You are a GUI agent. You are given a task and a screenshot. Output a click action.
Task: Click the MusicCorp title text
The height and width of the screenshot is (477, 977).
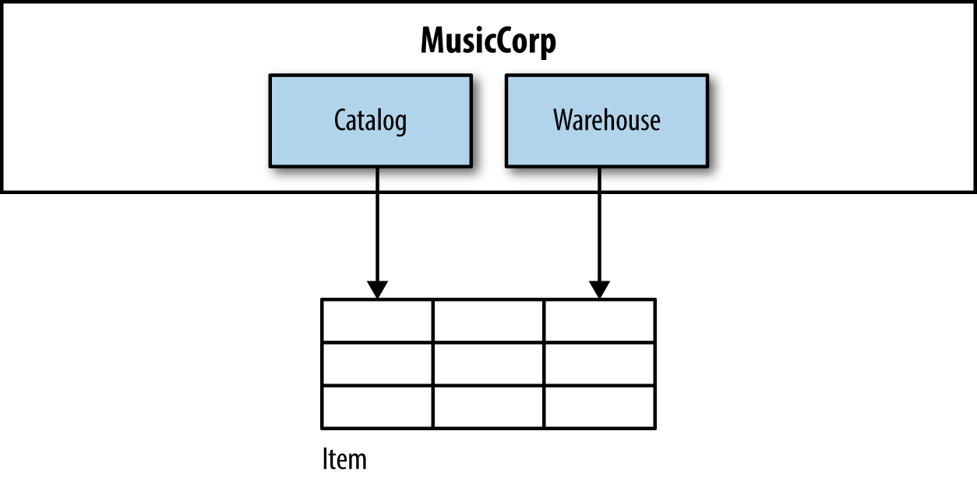click(x=489, y=41)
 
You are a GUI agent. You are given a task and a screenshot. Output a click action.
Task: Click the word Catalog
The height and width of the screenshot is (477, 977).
click(x=370, y=121)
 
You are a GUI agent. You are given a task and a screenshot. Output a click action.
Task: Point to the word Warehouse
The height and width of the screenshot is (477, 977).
click(x=607, y=121)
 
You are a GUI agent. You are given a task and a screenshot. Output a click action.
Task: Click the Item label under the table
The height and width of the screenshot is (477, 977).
click(x=344, y=458)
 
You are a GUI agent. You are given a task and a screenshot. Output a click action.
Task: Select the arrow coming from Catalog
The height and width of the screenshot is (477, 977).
click(x=377, y=226)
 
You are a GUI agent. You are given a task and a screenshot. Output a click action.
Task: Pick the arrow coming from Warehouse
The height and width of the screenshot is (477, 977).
click(x=599, y=226)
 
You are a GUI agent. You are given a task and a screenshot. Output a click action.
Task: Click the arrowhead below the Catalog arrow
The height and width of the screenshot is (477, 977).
click(x=377, y=289)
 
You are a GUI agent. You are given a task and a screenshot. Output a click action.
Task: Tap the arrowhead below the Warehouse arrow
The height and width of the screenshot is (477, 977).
click(x=599, y=289)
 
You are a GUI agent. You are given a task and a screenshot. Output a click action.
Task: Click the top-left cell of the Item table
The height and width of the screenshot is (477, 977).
click(x=377, y=320)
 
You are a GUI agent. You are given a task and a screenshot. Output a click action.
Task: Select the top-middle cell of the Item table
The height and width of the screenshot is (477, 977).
click(x=488, y=320)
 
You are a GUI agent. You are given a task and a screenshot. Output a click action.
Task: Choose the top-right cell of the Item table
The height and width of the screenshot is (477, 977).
click(x=599, y=320)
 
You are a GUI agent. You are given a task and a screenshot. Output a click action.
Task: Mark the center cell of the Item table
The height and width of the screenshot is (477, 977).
click(x=488, y=363)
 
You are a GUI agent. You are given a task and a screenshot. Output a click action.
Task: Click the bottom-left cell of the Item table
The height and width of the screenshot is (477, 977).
click(x=377, y=406)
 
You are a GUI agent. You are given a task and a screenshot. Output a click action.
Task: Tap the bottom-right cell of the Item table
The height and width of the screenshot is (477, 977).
click(x=599, y=406)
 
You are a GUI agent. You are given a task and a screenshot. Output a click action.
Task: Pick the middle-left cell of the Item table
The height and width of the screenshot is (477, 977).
click(x=377, y=363)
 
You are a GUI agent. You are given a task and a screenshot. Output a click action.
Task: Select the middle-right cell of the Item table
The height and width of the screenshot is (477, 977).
click(x=599, y=363)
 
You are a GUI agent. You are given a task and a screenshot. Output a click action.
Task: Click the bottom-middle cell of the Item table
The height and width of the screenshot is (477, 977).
click(x=488, y=406)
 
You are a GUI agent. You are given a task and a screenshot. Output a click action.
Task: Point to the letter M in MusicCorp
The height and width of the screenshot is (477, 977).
click(x=434, y=41)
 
